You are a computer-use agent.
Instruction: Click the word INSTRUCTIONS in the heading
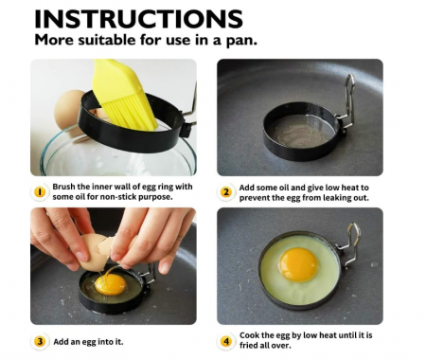click(x=138, y=19)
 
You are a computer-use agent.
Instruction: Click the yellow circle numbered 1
click(x=40, y=192)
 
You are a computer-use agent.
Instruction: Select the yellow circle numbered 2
click(x=226, y=192)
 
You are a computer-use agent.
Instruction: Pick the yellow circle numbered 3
click(x=40, y=341)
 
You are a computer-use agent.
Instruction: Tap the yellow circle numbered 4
click(x=226, y=341)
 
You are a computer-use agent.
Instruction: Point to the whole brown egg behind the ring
click(x=69, y=112)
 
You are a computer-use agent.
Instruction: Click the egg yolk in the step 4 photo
click(x=298, y=264)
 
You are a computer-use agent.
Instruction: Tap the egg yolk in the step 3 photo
click(x=111, y=284)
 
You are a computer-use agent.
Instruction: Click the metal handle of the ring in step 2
click(x=348, y=101)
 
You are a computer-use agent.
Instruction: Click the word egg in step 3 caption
click(x=89, y=342)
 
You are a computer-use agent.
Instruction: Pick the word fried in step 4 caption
click(x=248, y=345)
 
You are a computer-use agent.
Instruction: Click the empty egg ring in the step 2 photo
click(x=301, y=132)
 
